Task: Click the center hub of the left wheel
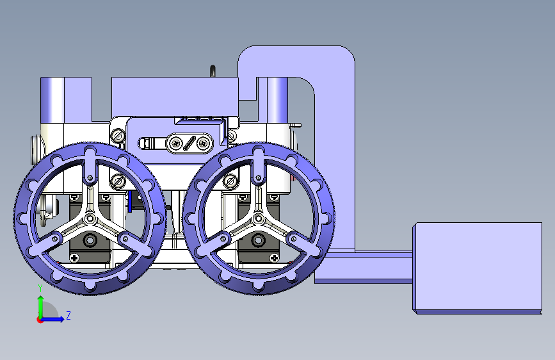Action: pyautogui.click(x=90, y=218)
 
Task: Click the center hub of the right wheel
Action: pyautogui.click(x=259, y=218)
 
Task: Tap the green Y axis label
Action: pyautogui.click(x=40, y=288)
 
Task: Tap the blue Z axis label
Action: pyautogui.click(x=68, y=315)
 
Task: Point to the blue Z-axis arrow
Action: pyautogui.click(x=52, y=319)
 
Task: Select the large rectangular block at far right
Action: pyautogui.click(x=477, y=268)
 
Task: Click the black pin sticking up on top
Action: pyautogui.click(x=213, y=71)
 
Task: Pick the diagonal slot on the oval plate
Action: pyautogui.click(x=189, y=143)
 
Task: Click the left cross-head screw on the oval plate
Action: pyautogui.click(x=175, y=143)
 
